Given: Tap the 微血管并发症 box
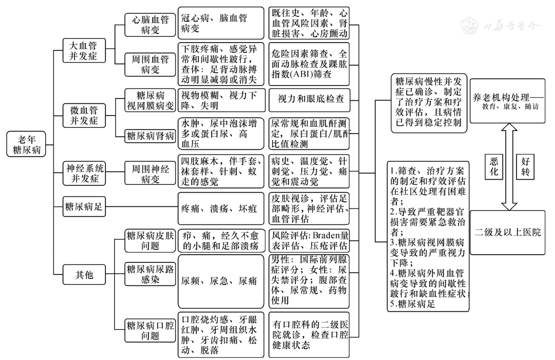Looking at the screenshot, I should [83, 115].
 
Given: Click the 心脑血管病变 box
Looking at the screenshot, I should [151, 24].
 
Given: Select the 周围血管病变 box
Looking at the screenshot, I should [151, 66].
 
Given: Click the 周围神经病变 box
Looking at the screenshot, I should [151, 173].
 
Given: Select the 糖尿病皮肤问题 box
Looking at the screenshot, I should [151, 240].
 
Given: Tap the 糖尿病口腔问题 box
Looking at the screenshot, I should [151, 330].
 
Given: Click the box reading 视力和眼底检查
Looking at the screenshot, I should [311, 99].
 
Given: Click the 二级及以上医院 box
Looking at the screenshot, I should [508, 233].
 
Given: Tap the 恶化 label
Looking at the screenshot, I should [494, 166].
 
